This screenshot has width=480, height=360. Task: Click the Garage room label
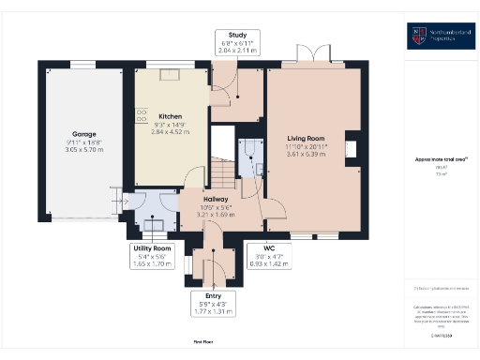[82, 134]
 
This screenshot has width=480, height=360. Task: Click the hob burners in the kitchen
[142, 117]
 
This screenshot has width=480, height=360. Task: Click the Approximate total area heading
[440, 159]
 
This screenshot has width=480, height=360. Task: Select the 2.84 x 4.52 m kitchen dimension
[171, 132]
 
